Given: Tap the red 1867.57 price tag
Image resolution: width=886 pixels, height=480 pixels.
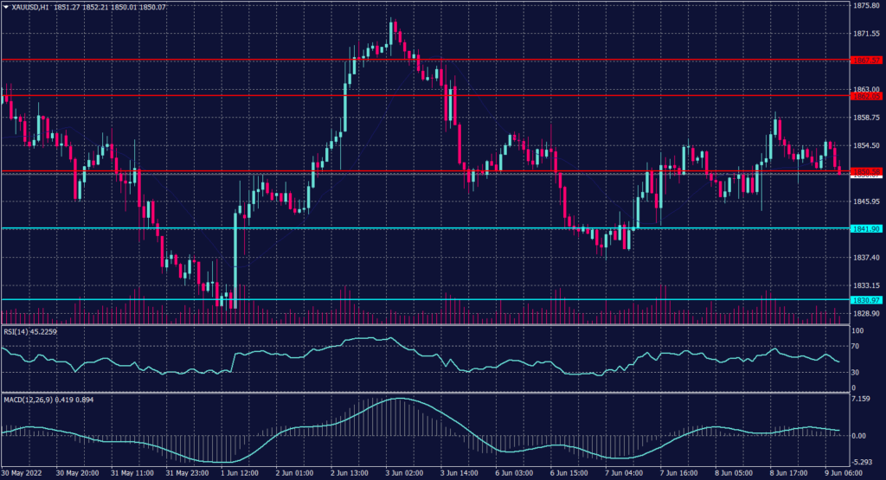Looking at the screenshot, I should pyautogui.click(x=866, y=61).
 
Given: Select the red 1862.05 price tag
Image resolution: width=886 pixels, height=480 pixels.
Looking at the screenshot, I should pyautogui.click(x=866, y=96).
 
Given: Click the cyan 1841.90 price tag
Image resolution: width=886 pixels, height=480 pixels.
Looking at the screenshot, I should pyautogui.click(x=866, y=229).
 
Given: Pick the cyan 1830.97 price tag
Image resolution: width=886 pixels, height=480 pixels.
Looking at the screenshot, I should pyautogui.click(x=866, y=300).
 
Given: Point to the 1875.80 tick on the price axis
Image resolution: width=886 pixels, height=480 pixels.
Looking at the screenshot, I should pyautogui.click(x=866, y=5).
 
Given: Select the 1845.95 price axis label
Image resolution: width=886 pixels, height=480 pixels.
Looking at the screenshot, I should pyautogui.click(x=866, y=202).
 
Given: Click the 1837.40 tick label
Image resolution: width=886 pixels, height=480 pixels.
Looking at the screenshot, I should pyautogui.click(x=866, y=258).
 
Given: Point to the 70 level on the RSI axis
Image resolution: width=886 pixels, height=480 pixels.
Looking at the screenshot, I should pyautogui.click(x=857, y=347).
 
